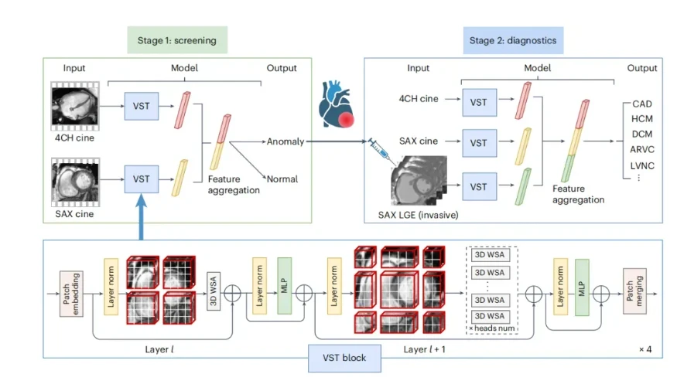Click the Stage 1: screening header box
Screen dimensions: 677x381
[177, 40]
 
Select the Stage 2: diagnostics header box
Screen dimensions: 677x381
[513, 40]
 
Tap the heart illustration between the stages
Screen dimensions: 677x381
[337, 104]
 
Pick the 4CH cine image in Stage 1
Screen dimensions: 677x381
[75, 106]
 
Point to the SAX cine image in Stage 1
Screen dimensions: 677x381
[75, 182]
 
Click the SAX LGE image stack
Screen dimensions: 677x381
[419, 181]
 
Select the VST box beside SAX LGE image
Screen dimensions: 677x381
[479, 187]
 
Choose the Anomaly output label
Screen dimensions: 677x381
[286, 141]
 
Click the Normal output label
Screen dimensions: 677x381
[282, 179]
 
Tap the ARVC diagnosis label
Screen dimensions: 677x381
[642, 149]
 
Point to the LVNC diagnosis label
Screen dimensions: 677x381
[642, 165]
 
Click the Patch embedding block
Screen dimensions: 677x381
[71, 294]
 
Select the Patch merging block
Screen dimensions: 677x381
[634, 291]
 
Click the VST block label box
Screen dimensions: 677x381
[344, 358]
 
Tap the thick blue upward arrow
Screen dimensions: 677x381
[141, 216]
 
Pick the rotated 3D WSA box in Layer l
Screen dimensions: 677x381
[214, 291]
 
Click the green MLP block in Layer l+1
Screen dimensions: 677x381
[582, 287]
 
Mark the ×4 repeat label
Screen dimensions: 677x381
[645, 349]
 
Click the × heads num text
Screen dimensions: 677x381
[492, 328]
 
